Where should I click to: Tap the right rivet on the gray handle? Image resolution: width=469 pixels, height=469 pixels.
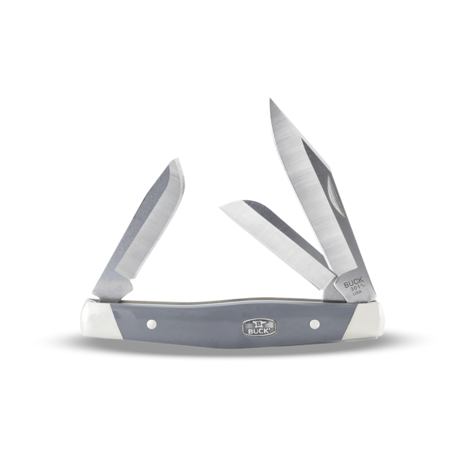coord(315,324)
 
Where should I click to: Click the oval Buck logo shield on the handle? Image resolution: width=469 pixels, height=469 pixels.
coord(259,327)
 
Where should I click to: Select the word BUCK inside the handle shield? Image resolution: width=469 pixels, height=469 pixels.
coord(259,331)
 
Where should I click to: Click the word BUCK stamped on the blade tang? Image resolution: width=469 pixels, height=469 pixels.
coord(354,282)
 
